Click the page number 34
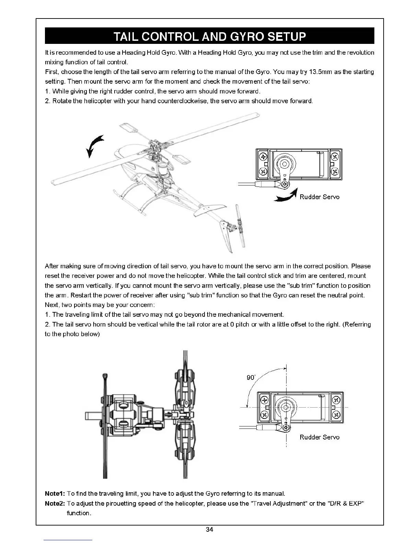pos(209,530)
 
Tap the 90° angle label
pos(251,377)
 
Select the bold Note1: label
pos(55,494)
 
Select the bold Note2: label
pos(55,504)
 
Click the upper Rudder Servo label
pos(319,197)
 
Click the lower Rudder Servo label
pos(319,437)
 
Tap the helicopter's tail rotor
pos(240,226)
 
